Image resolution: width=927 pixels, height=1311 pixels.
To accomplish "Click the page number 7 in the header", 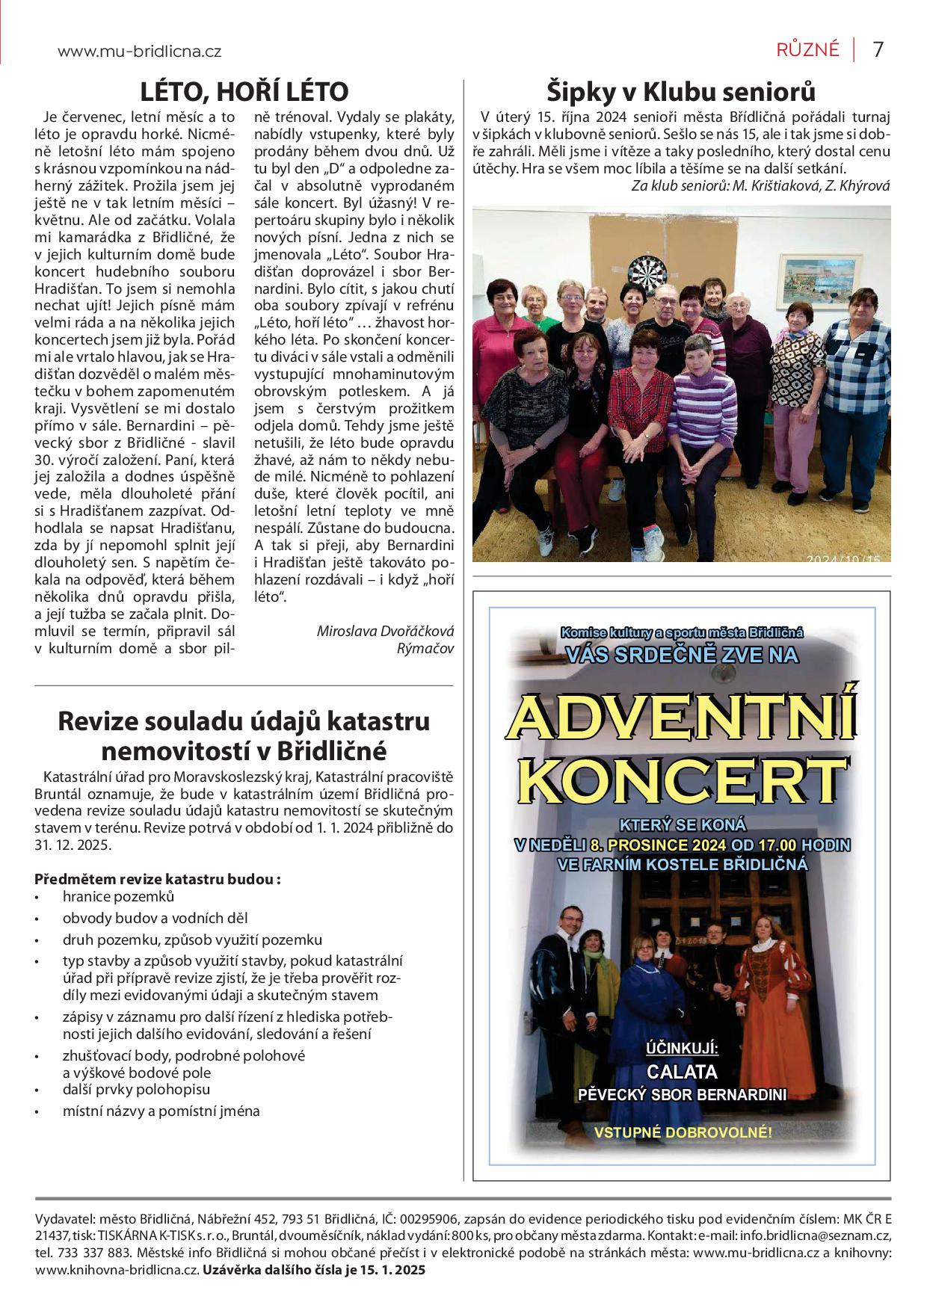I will (878, 49).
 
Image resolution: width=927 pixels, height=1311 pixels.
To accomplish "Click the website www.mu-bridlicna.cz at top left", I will (140, 52).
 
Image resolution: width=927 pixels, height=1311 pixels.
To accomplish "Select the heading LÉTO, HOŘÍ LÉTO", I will (244, 91).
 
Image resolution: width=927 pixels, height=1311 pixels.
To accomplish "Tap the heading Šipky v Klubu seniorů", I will (680, 91).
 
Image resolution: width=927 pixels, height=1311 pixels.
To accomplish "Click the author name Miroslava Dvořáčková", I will (385, 631).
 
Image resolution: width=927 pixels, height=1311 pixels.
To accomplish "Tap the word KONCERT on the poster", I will (681, 779).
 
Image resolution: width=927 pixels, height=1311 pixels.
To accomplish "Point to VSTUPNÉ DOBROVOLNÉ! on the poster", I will (683, 1132).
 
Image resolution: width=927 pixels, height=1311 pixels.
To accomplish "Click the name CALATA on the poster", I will (681, 1072).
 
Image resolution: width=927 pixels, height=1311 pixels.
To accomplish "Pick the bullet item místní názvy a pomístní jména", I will (161, 1111).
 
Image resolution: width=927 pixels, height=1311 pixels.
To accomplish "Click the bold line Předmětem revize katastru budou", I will (158, 879).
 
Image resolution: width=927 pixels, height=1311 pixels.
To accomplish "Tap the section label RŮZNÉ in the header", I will (807, 50).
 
